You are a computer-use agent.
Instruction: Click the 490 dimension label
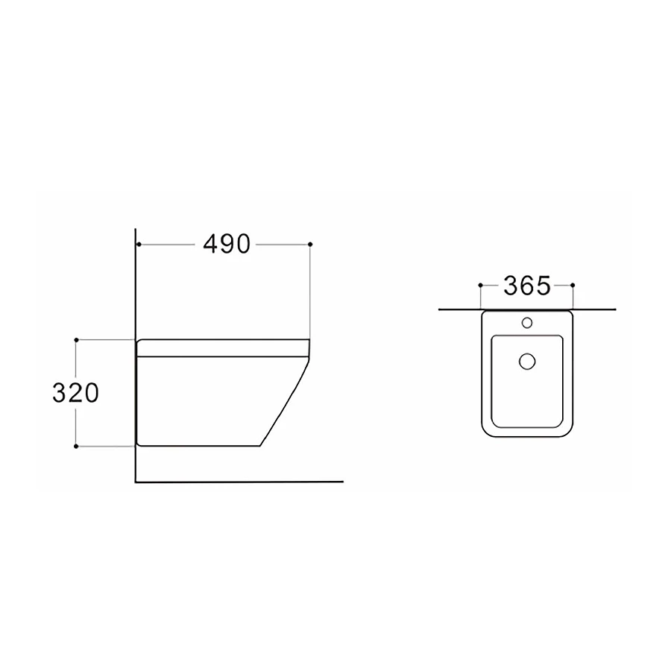(x=227, y=245)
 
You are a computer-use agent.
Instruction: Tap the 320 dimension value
(x=76, y=393)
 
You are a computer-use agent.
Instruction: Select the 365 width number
(x=527, y=286)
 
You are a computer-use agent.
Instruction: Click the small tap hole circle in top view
(x=527, y=323)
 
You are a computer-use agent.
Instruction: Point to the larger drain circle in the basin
(x=527, y=362)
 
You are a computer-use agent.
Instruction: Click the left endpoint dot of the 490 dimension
(x=139, y=245)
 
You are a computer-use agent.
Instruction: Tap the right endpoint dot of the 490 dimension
(x=310, y=245)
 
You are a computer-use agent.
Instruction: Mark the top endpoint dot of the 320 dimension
(x=76, y=340)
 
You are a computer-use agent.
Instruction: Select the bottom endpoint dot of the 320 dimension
(x=76, y=447)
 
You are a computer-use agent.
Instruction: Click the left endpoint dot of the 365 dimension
(x=481, y=285)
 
